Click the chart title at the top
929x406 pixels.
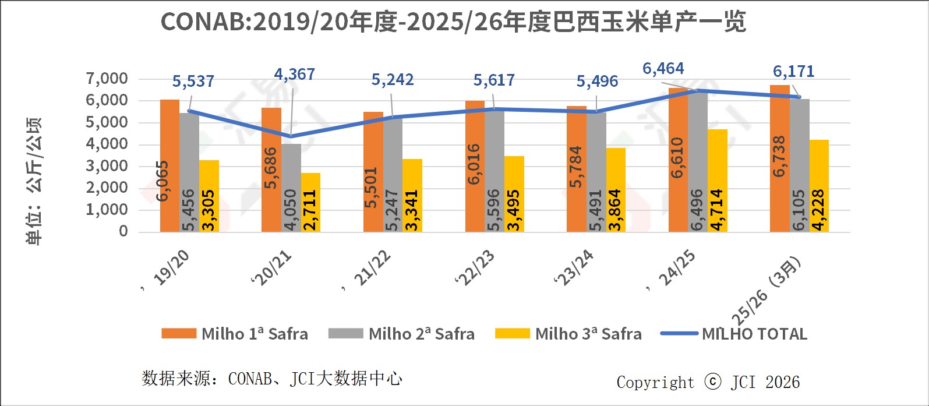[453, 22]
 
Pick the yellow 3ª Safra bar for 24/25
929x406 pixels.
[717, 181]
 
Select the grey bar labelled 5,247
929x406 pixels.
[393, 175]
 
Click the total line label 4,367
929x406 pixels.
[294, 75]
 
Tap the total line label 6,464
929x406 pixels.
[663, 69]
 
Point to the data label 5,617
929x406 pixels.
[494, 80]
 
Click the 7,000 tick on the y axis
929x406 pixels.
[107, 79]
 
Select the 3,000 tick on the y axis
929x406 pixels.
[107, 166]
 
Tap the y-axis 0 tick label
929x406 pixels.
[123, 231]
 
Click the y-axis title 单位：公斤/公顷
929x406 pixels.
[34, 181]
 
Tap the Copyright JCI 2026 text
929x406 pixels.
[708, 382]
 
